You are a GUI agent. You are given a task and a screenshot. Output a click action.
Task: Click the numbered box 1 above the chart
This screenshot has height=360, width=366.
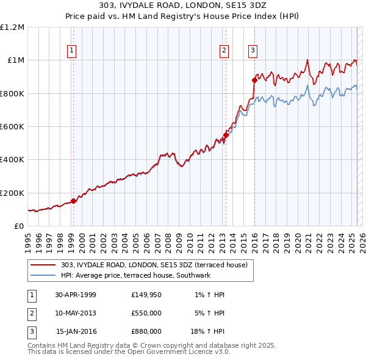point(73,51)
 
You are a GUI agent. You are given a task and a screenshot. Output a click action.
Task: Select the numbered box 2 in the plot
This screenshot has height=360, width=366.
point(224,51)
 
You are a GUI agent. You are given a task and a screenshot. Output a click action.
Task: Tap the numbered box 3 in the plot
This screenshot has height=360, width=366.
point(253,51)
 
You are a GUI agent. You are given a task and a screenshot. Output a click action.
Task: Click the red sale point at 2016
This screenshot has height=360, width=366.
point(254,79)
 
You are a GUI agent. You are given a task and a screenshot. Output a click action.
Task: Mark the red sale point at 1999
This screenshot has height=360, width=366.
point(73,201)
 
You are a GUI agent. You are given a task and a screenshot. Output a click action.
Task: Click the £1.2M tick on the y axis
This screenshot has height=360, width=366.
point(12,27)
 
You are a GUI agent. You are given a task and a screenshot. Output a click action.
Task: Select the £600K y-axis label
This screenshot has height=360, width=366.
point(12,127)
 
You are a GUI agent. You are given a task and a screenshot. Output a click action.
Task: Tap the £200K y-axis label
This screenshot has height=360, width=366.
point(12,193)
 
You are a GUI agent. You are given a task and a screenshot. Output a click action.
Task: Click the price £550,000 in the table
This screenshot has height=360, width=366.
point(146,313)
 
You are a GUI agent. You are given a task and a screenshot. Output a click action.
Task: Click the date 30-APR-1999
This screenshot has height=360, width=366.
point(76,295)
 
